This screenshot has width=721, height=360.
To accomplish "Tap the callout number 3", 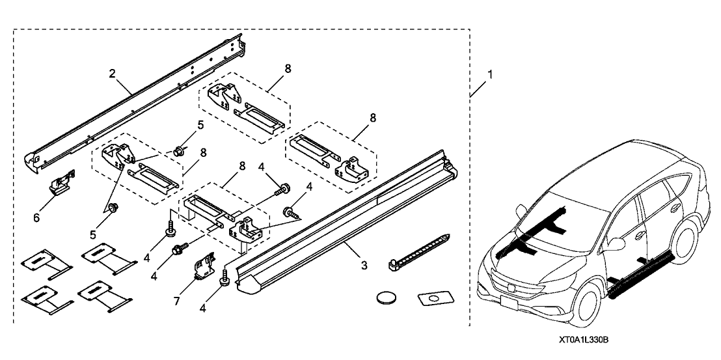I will (364, 265).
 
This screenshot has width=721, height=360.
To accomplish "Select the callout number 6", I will (36, 217).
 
